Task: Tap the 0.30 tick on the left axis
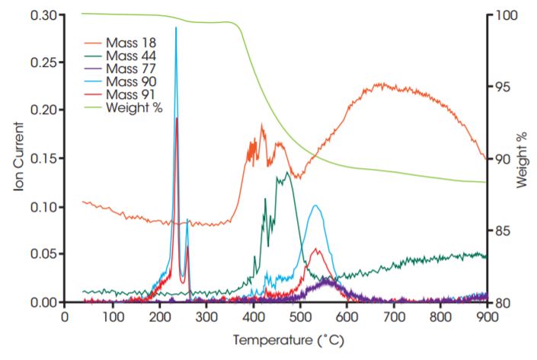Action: tap(43, 15)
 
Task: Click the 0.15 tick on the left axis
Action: tap(43, 158)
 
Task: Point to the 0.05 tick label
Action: tap(43, 254)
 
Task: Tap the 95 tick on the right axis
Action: tap(500, 87)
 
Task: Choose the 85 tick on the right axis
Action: tap(500, 231)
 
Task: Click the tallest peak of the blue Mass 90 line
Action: tap(176, 28)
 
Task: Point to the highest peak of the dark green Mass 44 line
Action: tap(286, 172)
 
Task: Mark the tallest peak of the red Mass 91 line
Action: tap(177, 119)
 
